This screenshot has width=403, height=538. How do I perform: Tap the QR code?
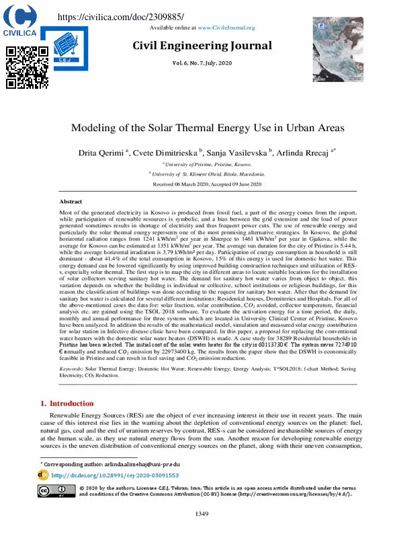pos(27,67)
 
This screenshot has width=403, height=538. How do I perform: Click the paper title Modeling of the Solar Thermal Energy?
pos(201,128)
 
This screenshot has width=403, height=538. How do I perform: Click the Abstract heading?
pos(71,202)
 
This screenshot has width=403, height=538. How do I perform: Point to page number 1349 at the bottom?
pos(201,514)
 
